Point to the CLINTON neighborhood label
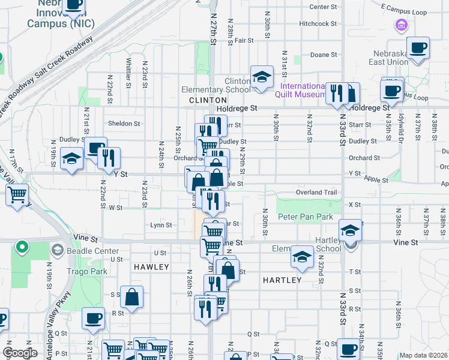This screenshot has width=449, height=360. [x=208, y=100]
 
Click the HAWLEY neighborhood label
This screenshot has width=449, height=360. [x=151, y=266]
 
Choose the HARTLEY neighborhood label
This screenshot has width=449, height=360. [x=282, y=280]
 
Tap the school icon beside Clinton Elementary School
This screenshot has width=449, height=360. [x=262, y=77]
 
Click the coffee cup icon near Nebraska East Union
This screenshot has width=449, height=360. [x=418, y=47]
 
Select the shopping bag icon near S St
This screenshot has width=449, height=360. [x=131, y=296]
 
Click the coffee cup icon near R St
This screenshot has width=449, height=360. [x=92, y=319]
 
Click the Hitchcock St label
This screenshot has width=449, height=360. [x=318, y=23]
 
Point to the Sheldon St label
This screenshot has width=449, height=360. [x=124, y=124]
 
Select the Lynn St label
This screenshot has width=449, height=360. [x=161, y=225]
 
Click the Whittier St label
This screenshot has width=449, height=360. [x=128, y=70]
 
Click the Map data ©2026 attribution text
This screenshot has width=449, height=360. [x=423, y=355]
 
